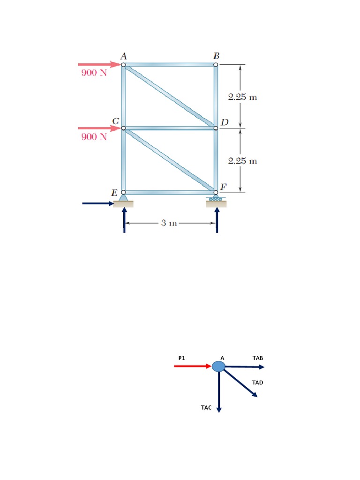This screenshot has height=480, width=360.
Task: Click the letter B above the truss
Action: coord(217,56)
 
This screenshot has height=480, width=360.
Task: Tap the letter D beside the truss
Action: coord(225,122)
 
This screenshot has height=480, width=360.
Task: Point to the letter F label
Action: coord(224,187)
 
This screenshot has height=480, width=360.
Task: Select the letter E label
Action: coord(114,193)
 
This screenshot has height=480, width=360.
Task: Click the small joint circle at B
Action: coord(216,65)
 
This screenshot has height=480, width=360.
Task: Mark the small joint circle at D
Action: coord(216,128)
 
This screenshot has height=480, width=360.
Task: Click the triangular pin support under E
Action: coord(123,198)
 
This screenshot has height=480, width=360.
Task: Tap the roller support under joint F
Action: coord(216,198)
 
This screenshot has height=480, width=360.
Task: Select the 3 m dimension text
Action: coord(169,223)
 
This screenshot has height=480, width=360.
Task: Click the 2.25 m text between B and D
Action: coord(242,97)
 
